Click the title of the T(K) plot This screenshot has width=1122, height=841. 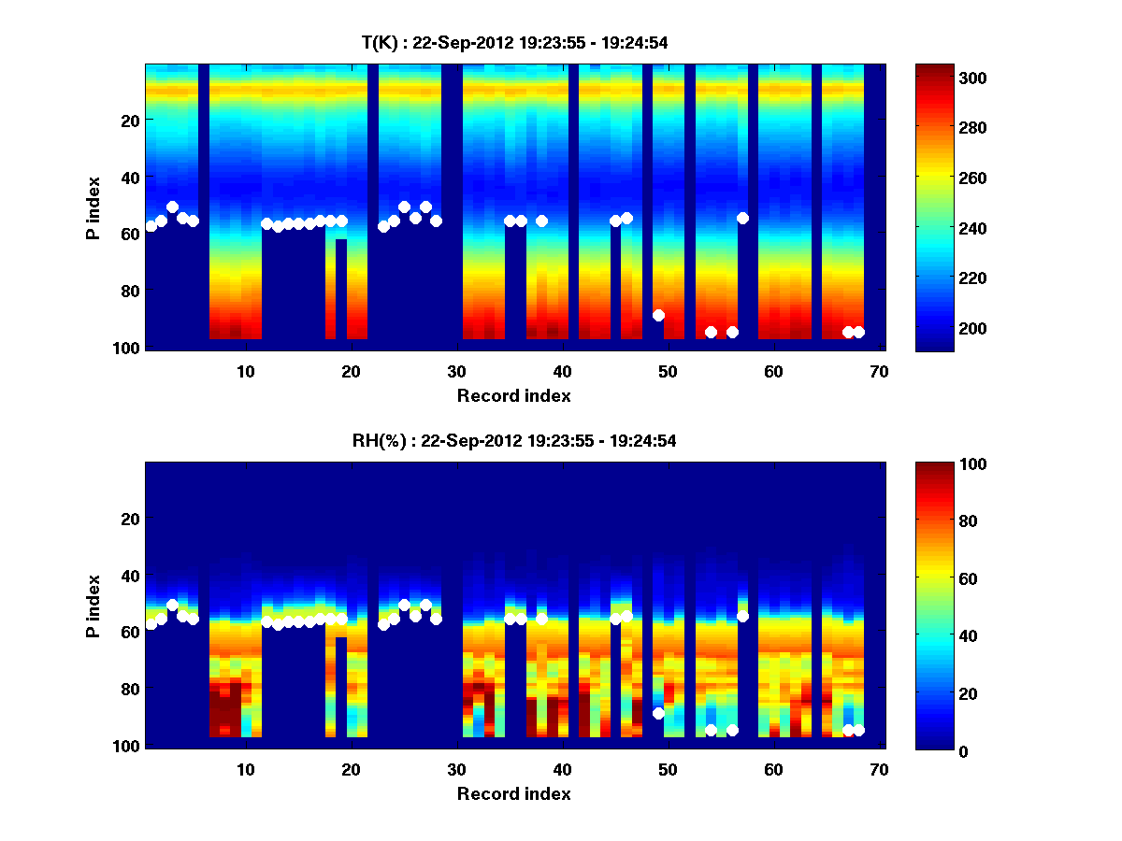pos(514,42)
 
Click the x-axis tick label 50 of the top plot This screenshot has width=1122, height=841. pos(667,371)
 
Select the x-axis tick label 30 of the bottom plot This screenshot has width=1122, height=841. pos(456,769)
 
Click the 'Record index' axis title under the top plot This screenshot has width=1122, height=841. pos(513,395)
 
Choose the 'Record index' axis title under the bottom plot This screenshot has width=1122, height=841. pos(513,793)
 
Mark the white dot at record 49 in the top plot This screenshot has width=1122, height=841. pos(658,315)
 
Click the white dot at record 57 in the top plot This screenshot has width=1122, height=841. pos(742,218)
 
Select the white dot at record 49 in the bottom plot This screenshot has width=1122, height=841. pos(658,713)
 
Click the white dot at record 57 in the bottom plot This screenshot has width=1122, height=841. pos(742,616)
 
